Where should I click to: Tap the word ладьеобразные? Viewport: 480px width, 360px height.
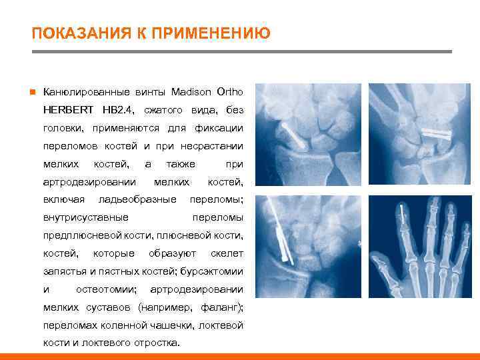[137, 199]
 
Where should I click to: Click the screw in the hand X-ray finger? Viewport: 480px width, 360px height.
[403, 215]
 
